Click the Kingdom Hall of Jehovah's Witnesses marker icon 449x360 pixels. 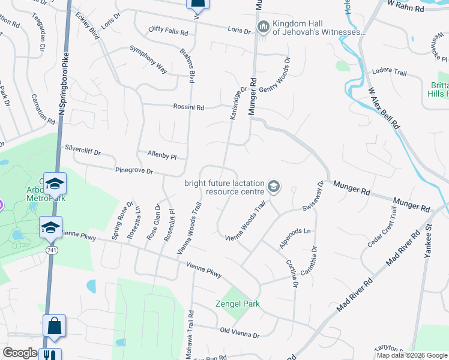coord(262,26)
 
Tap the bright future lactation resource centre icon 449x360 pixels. coord(274,187)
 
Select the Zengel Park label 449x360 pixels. coord(238,304)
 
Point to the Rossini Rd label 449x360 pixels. coord(189,108)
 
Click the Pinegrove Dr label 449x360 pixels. coord(134,171)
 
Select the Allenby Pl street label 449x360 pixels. coord(161,155)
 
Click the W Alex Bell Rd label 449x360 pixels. coord(384,108)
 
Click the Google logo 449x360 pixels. coord(20,352)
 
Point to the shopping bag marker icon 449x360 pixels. coord(54,326)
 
